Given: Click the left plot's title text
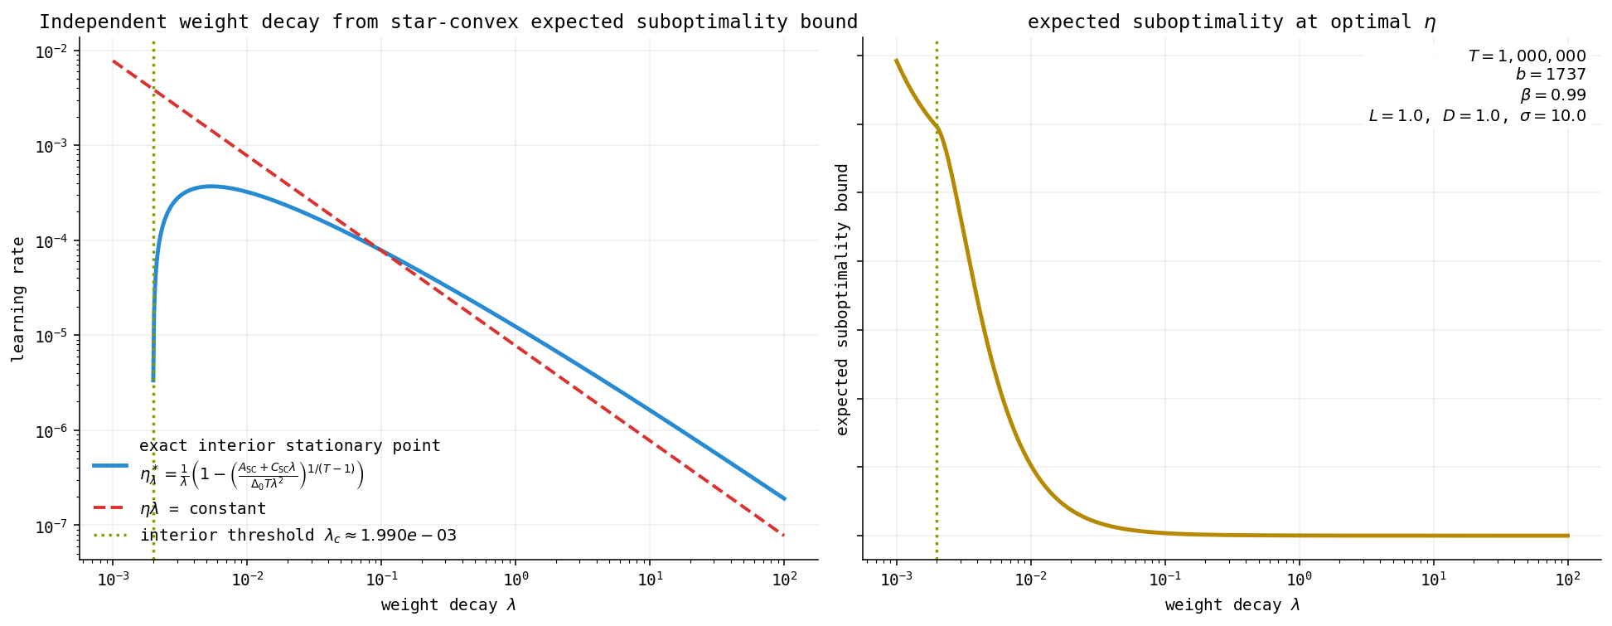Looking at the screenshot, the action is [x=448, y=22].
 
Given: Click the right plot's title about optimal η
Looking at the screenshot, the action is [x=1232, y=22].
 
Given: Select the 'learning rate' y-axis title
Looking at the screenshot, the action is [x=18, y=299].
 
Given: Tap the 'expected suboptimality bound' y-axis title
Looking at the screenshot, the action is [x=843, y=299].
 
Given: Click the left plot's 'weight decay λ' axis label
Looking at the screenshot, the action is [x=448, y=605].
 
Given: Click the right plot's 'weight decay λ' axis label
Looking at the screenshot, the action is [x=1232, y=605].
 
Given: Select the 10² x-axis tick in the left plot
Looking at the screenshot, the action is [x=784, y=577].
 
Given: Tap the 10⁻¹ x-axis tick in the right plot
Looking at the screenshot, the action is [x=1164, y=577].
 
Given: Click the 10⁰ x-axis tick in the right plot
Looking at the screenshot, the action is [x=1299, y=577].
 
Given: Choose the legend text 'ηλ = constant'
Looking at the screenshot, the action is [x=203, y=509].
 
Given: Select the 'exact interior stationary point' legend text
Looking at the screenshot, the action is [x=290, y=446].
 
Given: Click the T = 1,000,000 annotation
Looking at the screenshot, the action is [x=1527, y=56].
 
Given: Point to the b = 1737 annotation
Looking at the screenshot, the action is [x=1551, y=75].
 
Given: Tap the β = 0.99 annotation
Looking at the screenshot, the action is [x=1553, y=95].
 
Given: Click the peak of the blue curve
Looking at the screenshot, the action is [x=211, y=186].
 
